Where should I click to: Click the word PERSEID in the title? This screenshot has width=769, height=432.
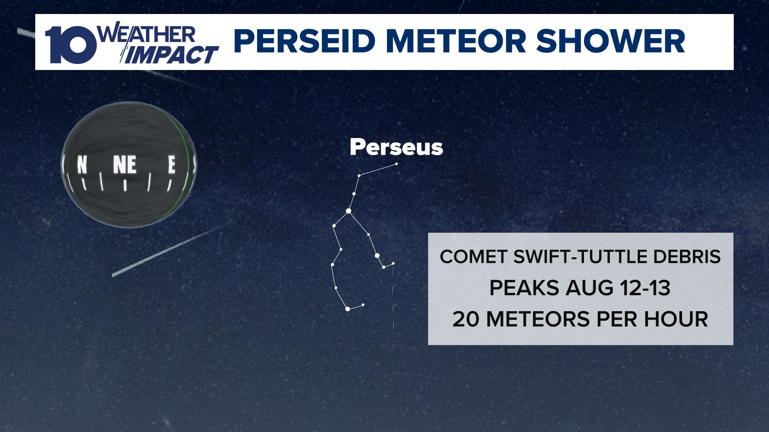pyautogui.click(x=304, y=41)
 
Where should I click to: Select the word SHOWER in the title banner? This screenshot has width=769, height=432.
pyautogui.click(x=610, y=41)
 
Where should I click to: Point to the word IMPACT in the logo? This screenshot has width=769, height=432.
pyautogui.click(x=171, y=55)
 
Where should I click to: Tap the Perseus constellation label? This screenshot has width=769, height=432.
pyautogui.click(x=396, y=147)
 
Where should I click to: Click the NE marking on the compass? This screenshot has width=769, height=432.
pyautogui.click(x=125, y=165)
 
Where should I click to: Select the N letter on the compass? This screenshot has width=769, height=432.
pyautogui.click(x=82, y=165)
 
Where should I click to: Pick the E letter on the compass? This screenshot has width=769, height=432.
pyautogui.click(x=171, y=164)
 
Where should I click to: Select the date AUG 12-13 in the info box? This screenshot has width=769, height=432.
pyautogui.click(x=618, y=288)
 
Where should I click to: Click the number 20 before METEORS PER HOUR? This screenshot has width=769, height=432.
pyautogui.click(x=465, y=319)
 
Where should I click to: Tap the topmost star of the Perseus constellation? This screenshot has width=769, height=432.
pyautogui.click(x=397, y=164)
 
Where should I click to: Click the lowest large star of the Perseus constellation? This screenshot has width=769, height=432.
pyautogui.click(x=348, y=309)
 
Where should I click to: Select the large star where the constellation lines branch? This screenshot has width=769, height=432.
pyautogui.click(x=348, y=211)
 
